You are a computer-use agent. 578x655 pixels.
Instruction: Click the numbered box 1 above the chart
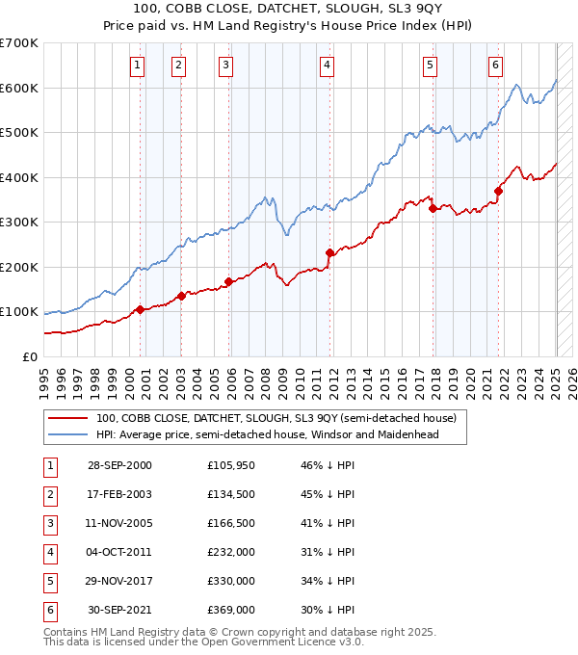pos(138,65)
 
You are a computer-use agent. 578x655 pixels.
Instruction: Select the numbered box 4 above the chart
pos(328,65)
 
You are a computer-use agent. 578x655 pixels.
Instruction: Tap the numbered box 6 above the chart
pos(495,65)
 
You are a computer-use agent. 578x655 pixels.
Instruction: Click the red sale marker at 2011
pos(329,253)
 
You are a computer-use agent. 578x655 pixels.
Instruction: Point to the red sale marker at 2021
pos(499,192)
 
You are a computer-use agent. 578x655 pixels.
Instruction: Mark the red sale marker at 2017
pos(433,208)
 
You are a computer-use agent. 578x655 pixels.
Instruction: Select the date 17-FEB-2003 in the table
pos(119,494)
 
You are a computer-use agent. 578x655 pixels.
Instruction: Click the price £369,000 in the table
pos(231,610)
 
